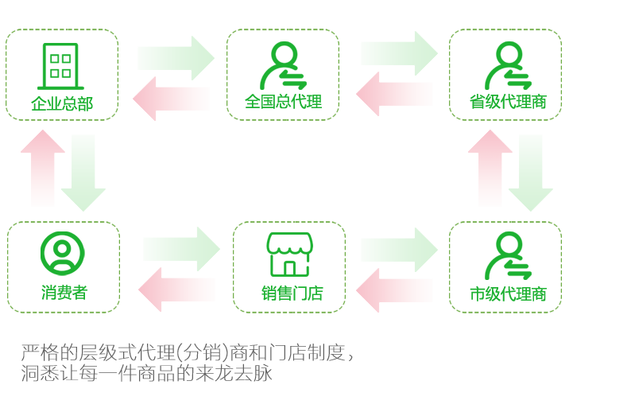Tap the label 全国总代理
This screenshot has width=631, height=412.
click(283, 103)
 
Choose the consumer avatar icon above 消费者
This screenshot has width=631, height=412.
click(62, 253)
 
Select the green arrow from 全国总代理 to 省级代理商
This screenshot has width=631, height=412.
click(398, 53)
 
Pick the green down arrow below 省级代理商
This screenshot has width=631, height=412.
click(531, 171)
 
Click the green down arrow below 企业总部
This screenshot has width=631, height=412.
click(83, 172)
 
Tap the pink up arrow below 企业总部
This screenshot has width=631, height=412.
click(43, 167)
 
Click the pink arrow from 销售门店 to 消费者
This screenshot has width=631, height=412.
click(176, 290)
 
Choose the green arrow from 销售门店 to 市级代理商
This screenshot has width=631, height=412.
click(398, 249)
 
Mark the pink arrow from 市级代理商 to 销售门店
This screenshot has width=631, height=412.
click(394, 290)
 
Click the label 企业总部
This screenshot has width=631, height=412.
click(62, 103)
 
